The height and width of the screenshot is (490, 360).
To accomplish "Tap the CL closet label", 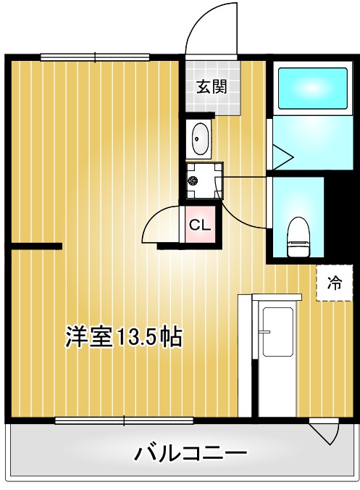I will pos(199,225).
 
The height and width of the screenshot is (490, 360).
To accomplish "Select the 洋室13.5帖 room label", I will pos(122,337).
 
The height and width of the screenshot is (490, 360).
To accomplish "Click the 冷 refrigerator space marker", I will pos(333,284).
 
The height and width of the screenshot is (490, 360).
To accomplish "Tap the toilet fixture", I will pos(298,237).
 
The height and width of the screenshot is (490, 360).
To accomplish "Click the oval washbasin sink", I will pos(199,138).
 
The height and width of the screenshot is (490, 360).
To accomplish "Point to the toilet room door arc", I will pos(243,210).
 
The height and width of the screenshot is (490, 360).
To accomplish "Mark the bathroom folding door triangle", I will pos(280,154).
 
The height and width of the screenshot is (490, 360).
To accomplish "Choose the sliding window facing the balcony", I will pos(124,420).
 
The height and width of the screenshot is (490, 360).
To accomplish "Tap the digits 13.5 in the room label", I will pos(138,337).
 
